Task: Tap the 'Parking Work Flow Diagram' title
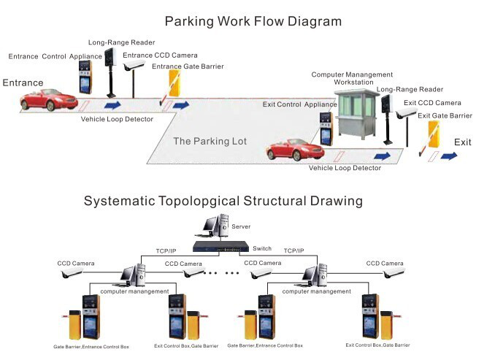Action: [253, 21]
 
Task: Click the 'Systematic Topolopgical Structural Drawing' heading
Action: [223, 200]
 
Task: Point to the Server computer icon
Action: [216, 228]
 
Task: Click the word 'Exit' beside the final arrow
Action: [463, 141]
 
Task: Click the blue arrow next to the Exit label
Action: [449, 156]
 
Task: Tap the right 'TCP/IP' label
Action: [294, 250]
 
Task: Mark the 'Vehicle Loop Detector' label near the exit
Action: [345, 169]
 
